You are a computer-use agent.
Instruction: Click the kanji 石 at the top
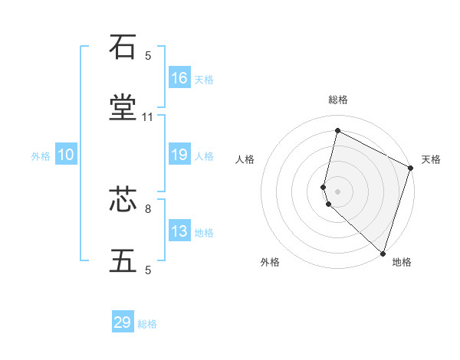pos(123,48)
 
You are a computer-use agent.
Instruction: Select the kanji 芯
pos(123,201)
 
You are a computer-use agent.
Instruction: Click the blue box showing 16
pos(179,78)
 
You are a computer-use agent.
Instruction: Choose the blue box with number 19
pos(179,155)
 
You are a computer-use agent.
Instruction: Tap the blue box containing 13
pos(179,231)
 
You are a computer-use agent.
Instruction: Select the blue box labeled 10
pos(66,155)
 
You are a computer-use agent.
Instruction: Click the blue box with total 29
pos(123,322)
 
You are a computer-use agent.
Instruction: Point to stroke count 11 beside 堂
pos(148,117)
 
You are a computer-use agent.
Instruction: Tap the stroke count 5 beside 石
pos(148,56)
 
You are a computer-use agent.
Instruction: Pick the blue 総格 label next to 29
pos(147,324)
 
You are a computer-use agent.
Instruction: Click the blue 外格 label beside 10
pos(41,156)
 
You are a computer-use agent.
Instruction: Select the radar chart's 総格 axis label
pos(337,100)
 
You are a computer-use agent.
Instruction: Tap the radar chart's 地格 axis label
pos(402,263)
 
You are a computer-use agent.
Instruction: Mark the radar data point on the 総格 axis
pos(337,131)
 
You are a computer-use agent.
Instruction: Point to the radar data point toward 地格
pos(382,252)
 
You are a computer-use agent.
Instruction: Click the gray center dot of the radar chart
pos(337,191)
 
